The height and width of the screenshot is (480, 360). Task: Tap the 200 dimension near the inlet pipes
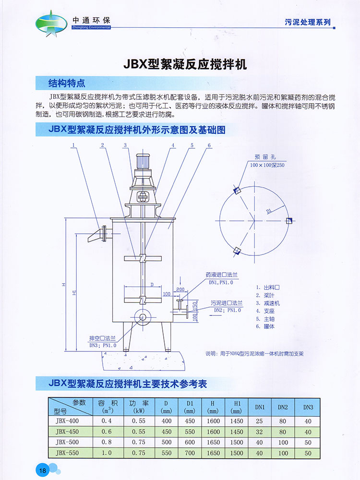coord(180,289)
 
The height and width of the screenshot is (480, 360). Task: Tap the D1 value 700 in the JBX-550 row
coord(189,453)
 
